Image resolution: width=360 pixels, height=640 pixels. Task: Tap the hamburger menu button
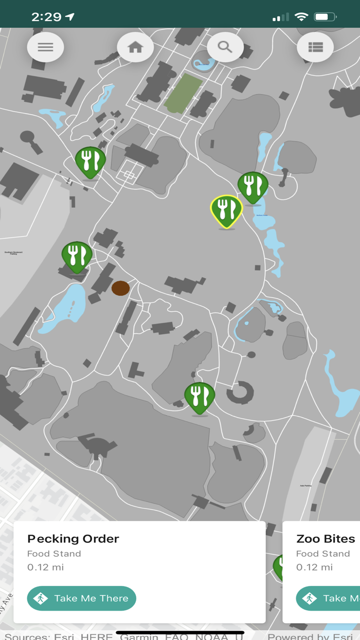click(x=45, y=47)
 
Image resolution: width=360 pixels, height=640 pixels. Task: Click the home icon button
click(x=135, y=47)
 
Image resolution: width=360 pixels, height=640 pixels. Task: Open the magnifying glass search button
click(x=225, y=47)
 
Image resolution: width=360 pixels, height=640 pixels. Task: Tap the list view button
click(x=315, y=47)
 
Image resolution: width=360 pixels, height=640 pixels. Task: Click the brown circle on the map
click(x=121, y=288)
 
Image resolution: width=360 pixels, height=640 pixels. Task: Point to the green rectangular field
click(x=183, y=94)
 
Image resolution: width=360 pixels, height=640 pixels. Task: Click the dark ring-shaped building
click(x=240, y=393)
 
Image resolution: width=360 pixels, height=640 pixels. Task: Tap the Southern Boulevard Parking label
click(x=14, y=253)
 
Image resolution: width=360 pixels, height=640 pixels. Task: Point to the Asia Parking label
click(x=306, y=485)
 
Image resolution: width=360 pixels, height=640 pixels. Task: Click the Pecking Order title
click(x=73, y=539)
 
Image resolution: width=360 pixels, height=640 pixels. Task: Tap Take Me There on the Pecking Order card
click(x=81, y=598)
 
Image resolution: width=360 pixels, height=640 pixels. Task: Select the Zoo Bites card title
click(x=326, y=539)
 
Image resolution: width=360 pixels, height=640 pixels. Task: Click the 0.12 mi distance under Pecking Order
click(x=46, y=567)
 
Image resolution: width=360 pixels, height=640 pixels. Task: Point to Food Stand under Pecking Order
click(x=54, y=554)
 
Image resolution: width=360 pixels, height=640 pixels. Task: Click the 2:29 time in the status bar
click(x=46, y=16)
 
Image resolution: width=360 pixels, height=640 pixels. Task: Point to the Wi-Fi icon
click(x=301, y=17)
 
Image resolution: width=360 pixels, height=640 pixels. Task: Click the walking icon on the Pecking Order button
click(x=41, y=598)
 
